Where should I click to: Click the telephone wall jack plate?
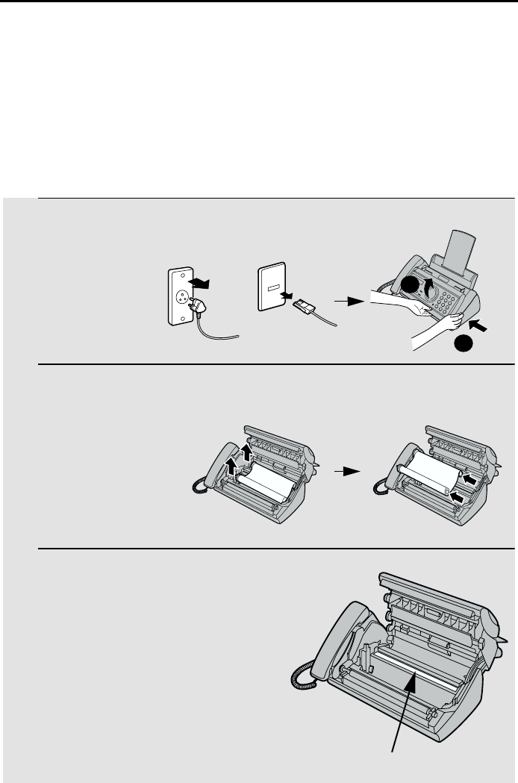pyautogui.click(x=271, y=287)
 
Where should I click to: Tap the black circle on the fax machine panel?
pyautogui.click(x=407, y=287)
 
